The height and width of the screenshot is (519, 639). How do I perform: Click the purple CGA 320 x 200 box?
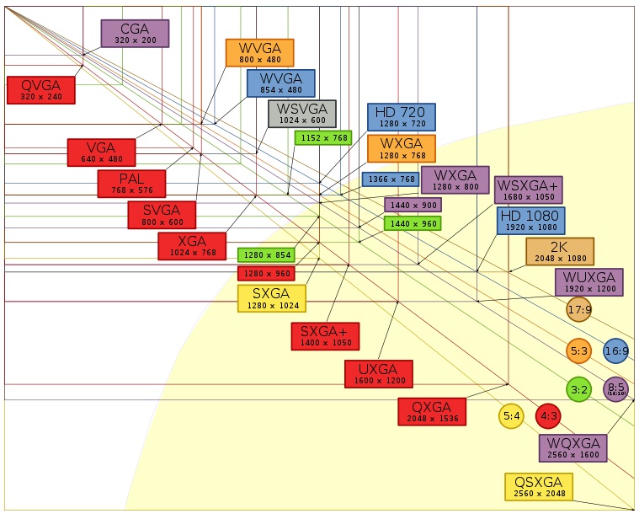tap(135, 34)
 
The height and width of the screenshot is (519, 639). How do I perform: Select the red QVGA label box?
tap(41, 89)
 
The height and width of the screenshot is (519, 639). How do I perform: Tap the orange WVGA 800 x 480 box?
tap(259, 52)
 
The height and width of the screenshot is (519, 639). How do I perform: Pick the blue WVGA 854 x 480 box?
tap(281, 83)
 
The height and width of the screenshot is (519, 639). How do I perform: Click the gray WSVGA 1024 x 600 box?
tap(302, 114)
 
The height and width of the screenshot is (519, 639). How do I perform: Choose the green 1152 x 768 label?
tap(323, 138)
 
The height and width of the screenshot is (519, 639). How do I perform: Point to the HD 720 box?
tap(402, 117)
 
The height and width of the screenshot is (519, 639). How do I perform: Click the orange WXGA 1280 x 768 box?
tap(402, 148)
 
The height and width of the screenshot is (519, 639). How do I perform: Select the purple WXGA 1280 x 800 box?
tap(455, 179)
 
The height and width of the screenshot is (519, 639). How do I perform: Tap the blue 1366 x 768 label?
tap(391, 179)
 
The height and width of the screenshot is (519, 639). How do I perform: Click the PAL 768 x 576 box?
tap(131, 184)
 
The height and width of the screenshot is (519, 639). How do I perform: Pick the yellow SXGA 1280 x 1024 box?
tap(272, 298)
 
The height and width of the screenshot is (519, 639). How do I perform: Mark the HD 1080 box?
tap(531, 221)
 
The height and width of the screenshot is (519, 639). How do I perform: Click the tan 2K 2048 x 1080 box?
tap(560, 252)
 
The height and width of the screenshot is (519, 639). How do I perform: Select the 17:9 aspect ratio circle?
tap(578, 309)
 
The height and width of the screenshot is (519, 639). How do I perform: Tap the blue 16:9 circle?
tap(615, 350)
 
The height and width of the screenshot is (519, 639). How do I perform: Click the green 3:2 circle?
tap(578, 389)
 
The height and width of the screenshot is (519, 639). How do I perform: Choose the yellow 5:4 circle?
tap(511, 416)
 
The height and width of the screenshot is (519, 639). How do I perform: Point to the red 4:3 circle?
tap(548, 416)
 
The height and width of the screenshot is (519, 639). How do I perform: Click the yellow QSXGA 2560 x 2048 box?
tap(539, 487)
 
